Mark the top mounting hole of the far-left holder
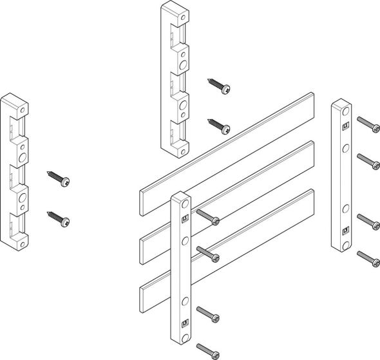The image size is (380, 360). point(23,110)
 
